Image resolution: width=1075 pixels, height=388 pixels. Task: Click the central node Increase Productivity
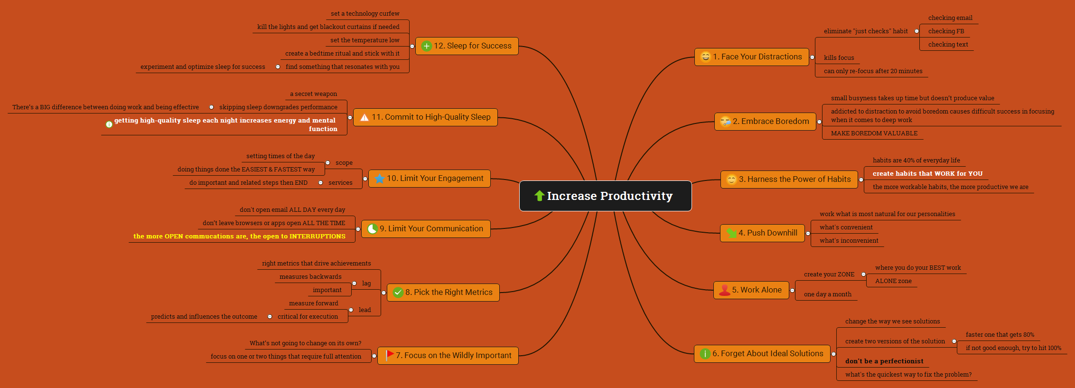(605, 196)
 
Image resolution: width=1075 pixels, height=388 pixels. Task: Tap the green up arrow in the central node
(539, 196)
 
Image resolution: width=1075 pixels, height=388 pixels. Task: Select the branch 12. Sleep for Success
(467, 46)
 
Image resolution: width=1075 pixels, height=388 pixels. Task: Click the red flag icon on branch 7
(390, 355)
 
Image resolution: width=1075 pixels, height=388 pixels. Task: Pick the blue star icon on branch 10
(380, 179)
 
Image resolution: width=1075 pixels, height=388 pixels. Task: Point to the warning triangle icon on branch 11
(365, 117)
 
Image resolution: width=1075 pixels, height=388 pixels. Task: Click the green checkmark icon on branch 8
(398, 293)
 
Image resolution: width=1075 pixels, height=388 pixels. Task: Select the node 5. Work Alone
(751, 290)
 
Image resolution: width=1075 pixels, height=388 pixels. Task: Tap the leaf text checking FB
(946, 31)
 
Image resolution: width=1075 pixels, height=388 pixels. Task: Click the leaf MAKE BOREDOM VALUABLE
(874, 133)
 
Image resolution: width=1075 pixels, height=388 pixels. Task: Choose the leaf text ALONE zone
(893, 281)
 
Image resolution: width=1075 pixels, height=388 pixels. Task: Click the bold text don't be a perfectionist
(884, 361)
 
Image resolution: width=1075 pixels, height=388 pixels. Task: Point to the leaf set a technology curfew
(365, 14)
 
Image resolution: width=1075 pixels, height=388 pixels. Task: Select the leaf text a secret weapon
(313, 94)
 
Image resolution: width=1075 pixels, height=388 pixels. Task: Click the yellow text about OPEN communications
(239, 237)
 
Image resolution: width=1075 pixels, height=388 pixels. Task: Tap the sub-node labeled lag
(366, 284)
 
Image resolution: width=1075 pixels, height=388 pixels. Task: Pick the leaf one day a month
(828, 294)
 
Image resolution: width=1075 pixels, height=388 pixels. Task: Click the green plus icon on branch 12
(427, 46)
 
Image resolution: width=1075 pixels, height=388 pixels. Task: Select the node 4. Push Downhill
(762, 233)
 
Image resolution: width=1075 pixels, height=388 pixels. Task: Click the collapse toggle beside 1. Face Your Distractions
(812, 57)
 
